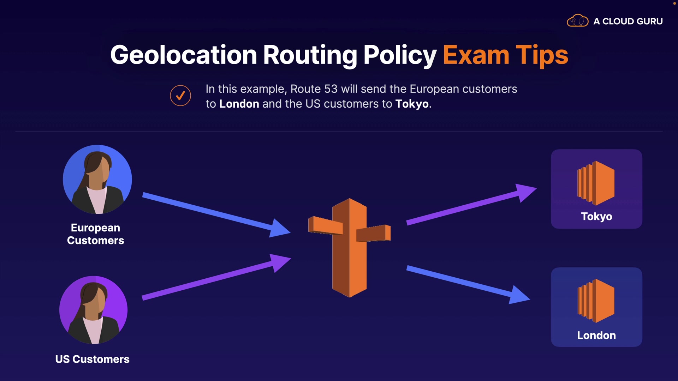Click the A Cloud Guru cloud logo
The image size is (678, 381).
coord(577,21)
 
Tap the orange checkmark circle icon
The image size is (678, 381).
coord(180,96)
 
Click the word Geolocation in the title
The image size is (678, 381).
coord(183,55)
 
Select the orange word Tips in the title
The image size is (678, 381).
coord(542,55)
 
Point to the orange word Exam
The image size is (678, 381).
coord(476,55)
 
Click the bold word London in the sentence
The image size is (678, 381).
coord(239,104)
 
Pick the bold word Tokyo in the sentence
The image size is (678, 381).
coord(412,104)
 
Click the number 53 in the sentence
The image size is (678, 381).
coord(331,89)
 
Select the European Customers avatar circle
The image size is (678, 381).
coord(97,179)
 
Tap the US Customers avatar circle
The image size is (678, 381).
coord(94,310)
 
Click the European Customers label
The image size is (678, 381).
coord(95,234)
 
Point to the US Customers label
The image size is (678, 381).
coord(93,359)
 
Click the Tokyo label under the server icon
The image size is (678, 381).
coord(596,216)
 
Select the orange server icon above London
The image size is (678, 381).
coord(596,301)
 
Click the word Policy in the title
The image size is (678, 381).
coord(400,55)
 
